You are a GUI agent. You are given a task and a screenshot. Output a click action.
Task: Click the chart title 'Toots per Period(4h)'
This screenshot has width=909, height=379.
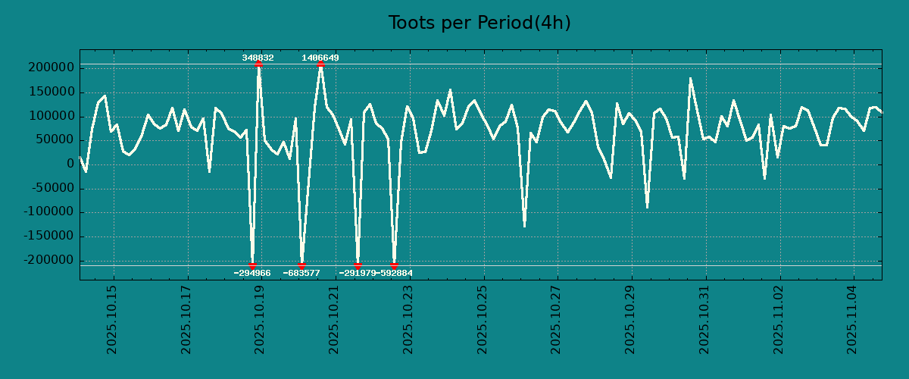point(479,23)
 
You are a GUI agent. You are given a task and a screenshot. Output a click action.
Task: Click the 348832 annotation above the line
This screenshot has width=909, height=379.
point(258,58)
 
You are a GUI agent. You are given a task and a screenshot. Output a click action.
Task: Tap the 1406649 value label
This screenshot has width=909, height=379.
point(320,58)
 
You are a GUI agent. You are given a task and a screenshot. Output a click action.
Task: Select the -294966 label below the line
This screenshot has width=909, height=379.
point(252,273)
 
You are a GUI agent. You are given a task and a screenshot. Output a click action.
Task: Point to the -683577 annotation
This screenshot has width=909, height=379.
point(301,273)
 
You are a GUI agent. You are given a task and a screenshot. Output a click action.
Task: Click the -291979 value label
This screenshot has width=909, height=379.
point(358,273)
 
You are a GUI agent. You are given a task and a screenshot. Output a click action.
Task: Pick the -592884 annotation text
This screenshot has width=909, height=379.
point(395,273)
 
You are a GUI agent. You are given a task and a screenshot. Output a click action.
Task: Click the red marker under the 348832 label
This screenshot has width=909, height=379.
point(258,64)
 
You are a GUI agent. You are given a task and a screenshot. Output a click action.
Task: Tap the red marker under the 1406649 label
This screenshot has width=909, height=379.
point(320,64)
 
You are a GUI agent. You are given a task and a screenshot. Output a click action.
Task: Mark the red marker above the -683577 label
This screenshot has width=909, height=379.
point(301,265)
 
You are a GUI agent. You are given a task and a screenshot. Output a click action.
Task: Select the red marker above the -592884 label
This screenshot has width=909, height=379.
point(394,265)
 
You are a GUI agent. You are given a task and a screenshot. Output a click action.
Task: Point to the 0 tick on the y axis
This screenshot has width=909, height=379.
point(70,164)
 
